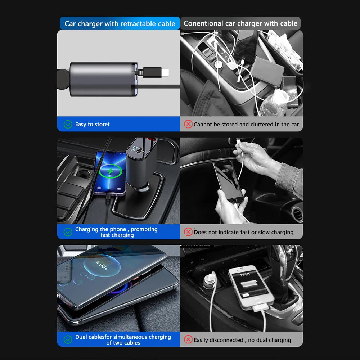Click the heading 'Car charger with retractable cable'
click(x=120, y=24)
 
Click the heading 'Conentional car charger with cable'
click(x=240, y=24)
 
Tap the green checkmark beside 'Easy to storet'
click(x=68, y=124)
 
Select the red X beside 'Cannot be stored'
click(x=188, y=124)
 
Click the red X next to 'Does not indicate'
click(x=188, y=232)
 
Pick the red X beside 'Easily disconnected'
click(x=188, y=339)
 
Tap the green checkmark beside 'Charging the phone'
click(x=68, y=232)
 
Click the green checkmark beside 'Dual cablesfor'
click(x=68, y=339)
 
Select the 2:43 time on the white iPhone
click(x=245, y=274)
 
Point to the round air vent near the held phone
click(x=297, y=214)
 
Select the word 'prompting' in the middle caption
click(x=144, y=229)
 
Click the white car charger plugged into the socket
click(x=210, y=281)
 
